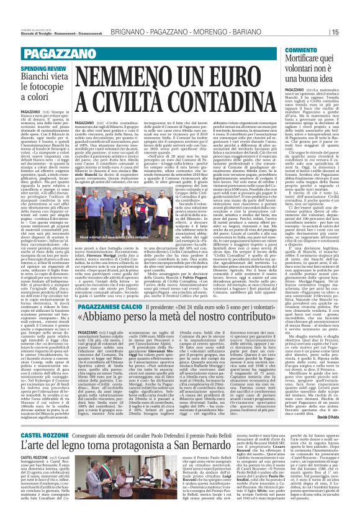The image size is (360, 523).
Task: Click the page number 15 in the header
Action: coord(351,31)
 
